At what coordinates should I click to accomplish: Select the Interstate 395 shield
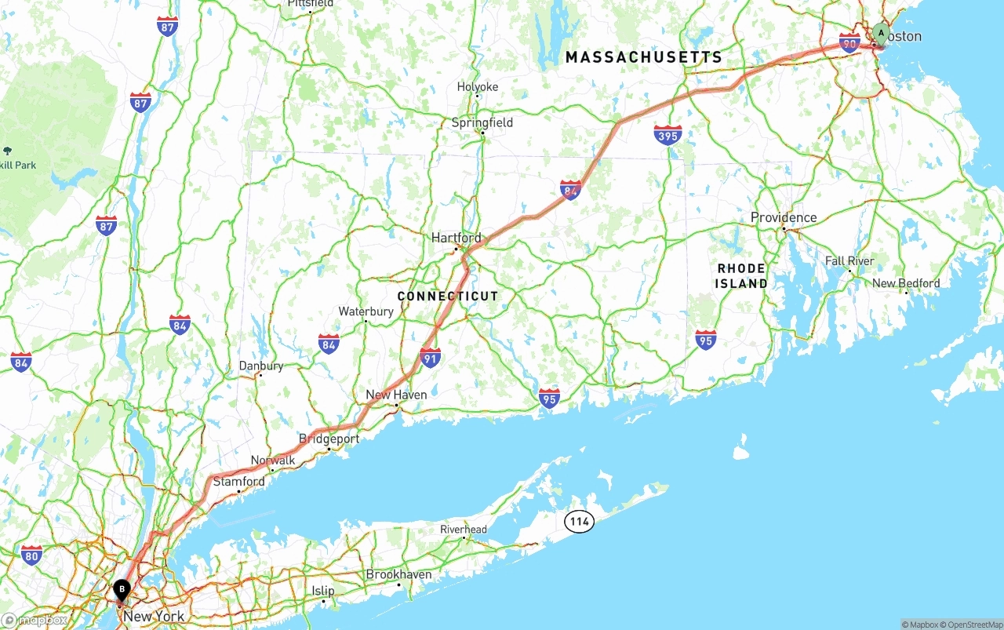click(668, 135)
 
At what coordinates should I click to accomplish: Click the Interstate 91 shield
click(430, 358)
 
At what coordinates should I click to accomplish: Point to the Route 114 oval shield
click(579, 522)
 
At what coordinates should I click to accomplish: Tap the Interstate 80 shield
click(31, 555)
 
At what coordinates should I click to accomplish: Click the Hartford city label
click(457, 238)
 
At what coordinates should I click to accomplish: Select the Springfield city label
click(482, 122)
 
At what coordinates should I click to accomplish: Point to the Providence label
click(784, 217)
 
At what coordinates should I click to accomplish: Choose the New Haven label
click(396, 395)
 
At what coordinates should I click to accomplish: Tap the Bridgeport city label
click(329, 439)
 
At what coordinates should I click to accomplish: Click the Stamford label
click(238, 481)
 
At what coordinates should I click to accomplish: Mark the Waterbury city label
click(366, 311)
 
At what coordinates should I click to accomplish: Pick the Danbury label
click(260, 366)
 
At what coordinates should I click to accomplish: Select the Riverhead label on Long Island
click(464, 530)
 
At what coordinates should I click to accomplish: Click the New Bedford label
click(906, 283)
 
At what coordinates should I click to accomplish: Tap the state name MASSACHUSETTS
click(644, 57)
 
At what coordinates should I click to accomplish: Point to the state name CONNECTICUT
click(448, 296)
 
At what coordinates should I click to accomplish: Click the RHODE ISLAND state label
click(742, 275)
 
